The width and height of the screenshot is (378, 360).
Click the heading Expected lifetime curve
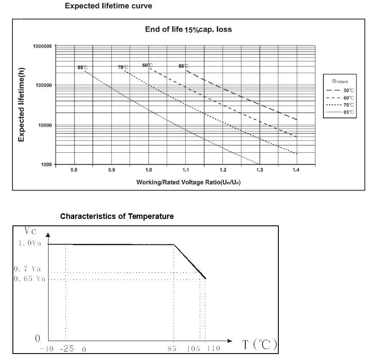pos(108,6)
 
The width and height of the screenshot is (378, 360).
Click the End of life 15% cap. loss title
pos(189,29)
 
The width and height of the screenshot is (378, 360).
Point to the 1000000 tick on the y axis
pos(43,46)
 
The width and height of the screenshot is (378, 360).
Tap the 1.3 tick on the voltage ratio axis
pos(259,170)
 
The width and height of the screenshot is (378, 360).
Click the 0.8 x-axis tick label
pos(74,170)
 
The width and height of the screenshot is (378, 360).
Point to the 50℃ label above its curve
pos(183,66)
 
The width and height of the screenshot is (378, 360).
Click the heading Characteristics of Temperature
pos(117,216)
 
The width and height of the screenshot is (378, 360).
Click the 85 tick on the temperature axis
pos(172,349)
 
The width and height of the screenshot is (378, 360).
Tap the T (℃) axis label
pos(259,345)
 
